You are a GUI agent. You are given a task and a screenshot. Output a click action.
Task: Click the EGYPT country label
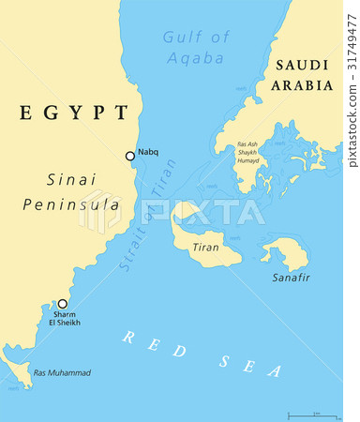(72, 113)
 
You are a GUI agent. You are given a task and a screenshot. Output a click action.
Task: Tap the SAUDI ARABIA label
(301, 75)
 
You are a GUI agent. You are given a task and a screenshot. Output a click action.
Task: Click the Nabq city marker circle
(130, 156)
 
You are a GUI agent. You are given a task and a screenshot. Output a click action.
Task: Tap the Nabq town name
(147, 154)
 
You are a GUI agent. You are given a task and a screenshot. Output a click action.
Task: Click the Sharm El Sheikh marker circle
(63, 304)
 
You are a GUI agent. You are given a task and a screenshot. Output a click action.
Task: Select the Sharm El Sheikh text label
(65, 319)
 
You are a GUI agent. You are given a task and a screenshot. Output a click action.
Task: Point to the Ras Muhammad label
(62, 373)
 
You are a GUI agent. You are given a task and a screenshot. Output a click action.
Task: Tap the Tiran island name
(205, 247)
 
